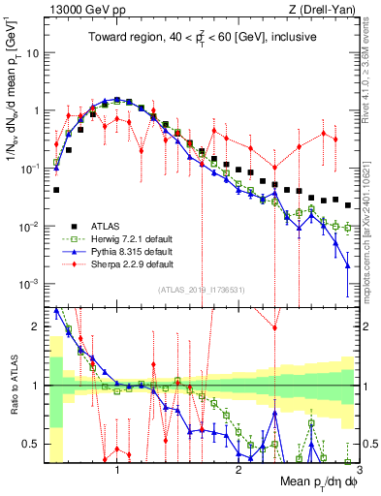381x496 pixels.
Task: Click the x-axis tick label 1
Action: pos(117,470)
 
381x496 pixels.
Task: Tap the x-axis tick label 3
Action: pos(358,470)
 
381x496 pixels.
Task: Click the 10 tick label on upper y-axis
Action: pos(35,52)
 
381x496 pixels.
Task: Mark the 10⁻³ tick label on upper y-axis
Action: pos(33,284)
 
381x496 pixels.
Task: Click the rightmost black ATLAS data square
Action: pos(348,203)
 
